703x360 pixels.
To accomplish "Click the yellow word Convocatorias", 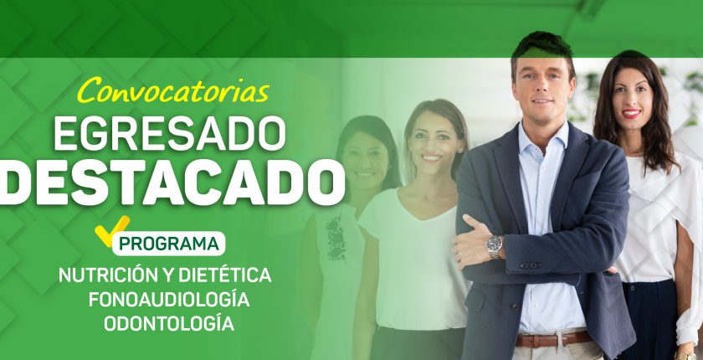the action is (x=173, y=90).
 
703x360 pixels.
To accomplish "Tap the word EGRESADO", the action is (x=170, y=134).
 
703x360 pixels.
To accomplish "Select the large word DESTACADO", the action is (x=172, y=183).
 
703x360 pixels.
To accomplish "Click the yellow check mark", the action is (x=111, y=230).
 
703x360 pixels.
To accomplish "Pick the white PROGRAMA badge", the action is (x=168, y=244).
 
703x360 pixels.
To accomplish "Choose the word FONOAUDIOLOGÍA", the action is (x=169, y=300).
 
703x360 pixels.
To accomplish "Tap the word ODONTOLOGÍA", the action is (x=169, y=324).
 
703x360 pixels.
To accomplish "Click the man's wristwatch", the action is (x=495, y=246).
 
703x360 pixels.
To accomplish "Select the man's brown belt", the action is (x=553, y=339).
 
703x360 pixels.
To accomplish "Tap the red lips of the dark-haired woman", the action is (x=632, y=114).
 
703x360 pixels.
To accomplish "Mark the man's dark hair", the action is (x=542, y=47).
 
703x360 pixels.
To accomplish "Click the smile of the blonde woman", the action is (x=432, y=157).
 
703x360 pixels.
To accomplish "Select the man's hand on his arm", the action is (x=474, y=242).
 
